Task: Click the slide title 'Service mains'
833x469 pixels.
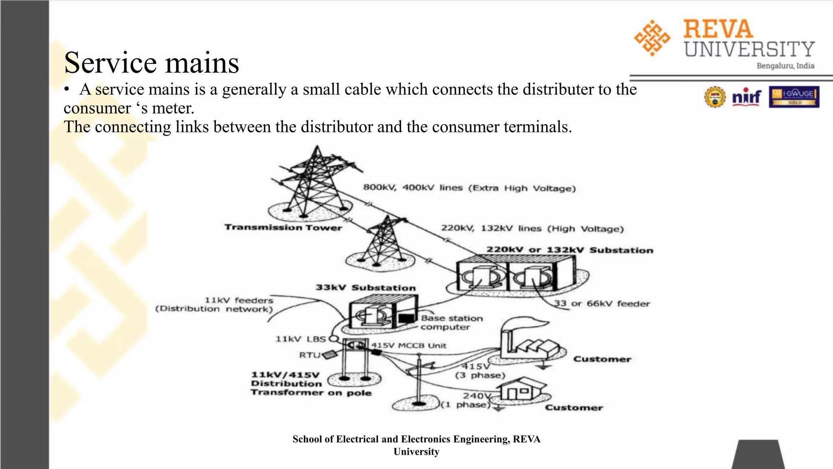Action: [x=151, y=63]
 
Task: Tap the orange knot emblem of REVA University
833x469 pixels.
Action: [x=652, y=38]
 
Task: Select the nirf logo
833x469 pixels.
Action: [x=746, y=97]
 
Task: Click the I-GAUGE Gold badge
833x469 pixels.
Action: [x=794, y=97]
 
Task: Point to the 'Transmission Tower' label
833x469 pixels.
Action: [x=283, y=228]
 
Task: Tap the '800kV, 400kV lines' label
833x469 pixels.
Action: [x=469, y=188]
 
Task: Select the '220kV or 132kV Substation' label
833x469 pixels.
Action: [x=569, y=250]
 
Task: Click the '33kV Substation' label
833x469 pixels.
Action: [x=366, y=288]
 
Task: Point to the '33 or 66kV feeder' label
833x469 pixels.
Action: [x=602, y=304]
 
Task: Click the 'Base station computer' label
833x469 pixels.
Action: [x=451, y=322]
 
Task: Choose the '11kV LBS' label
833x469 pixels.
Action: [x=301, y=339]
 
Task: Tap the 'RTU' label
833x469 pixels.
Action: [x=310, y=355]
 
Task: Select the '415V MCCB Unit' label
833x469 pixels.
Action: [x=408, y=346]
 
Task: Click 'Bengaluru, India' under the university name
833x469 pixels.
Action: [x=785, y=66]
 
